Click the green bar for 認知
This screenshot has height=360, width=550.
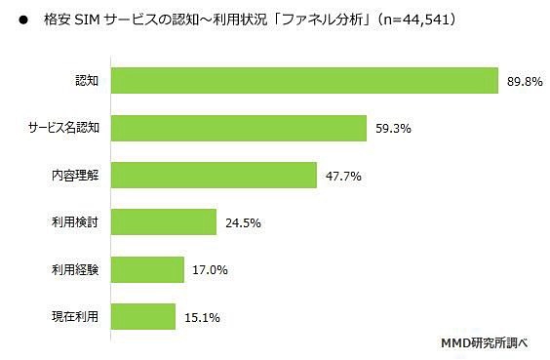coord(303,81)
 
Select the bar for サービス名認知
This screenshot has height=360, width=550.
coord(238,128)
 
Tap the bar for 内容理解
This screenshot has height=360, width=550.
coord(214,175)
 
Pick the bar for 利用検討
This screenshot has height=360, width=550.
coord(163,221)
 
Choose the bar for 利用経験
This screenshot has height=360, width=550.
coord(147,268)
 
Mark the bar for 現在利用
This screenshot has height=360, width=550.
coord(143,315)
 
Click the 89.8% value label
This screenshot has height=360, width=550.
coord(523,81)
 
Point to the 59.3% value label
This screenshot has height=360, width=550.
coord(392,128)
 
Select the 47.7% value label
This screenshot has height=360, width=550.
coord(343,175)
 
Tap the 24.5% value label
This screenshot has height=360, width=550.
coord(243,221)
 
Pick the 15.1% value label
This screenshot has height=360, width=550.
coord(202,315)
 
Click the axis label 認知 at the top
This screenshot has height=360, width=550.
coord(86,81)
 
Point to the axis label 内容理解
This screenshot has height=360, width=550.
coord(74,175)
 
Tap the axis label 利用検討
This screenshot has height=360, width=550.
coord(74,221)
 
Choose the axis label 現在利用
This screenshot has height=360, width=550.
coord(74,315)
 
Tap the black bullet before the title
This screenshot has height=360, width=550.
coord(22,20)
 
